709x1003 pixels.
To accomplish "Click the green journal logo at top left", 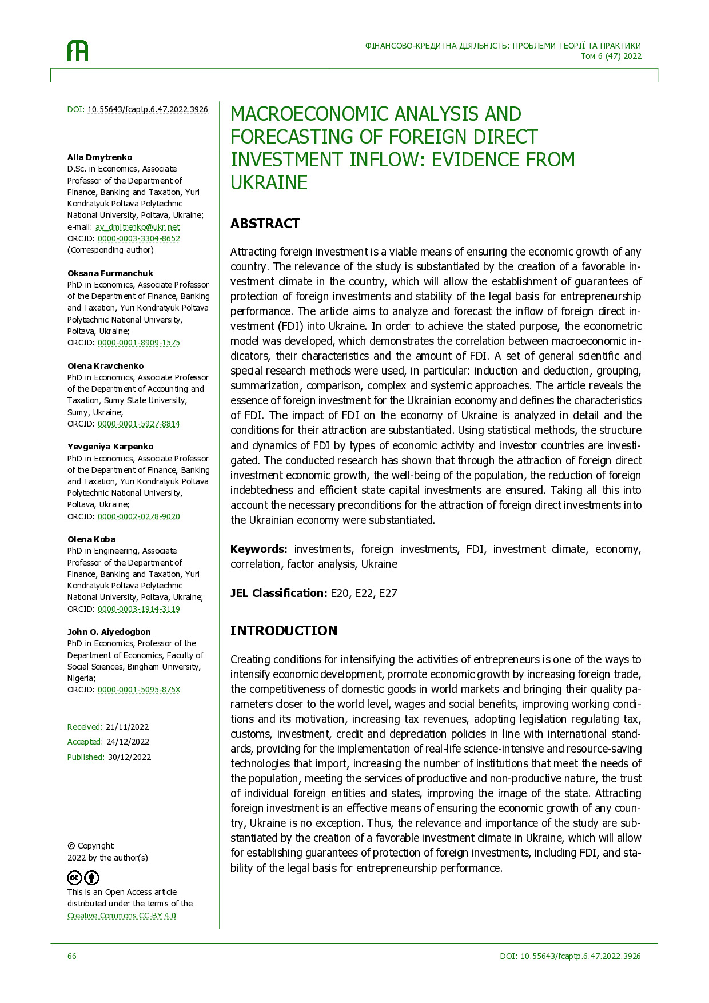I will [78, 51].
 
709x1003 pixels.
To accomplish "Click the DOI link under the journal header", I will [148, 109].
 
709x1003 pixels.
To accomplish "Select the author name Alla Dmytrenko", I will [99, 157].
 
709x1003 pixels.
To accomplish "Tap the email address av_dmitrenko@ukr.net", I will [137, 227].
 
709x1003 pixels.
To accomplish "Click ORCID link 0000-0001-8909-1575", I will [138, 343].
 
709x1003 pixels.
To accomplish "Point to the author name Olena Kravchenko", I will [105, 366].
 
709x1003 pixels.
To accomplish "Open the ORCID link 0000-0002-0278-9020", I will [138, 516].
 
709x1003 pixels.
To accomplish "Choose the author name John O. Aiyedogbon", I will [109, 632].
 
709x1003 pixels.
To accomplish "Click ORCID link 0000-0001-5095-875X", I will [138, 690].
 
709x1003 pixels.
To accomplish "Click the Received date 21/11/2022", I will [127, 727].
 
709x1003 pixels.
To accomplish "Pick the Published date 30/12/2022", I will [129, 757].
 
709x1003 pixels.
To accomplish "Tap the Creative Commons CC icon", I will [75, 878].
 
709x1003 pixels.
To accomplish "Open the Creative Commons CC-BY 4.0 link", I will [121, 916].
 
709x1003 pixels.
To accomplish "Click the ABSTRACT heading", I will [265, 224].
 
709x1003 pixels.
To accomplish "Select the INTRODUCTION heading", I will [284, 631].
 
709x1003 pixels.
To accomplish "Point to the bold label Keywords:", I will [258, 549].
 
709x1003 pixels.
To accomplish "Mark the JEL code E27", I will [388, 593].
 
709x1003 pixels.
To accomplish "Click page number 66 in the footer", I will [71, 956].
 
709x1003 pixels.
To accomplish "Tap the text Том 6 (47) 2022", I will [611, 56].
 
